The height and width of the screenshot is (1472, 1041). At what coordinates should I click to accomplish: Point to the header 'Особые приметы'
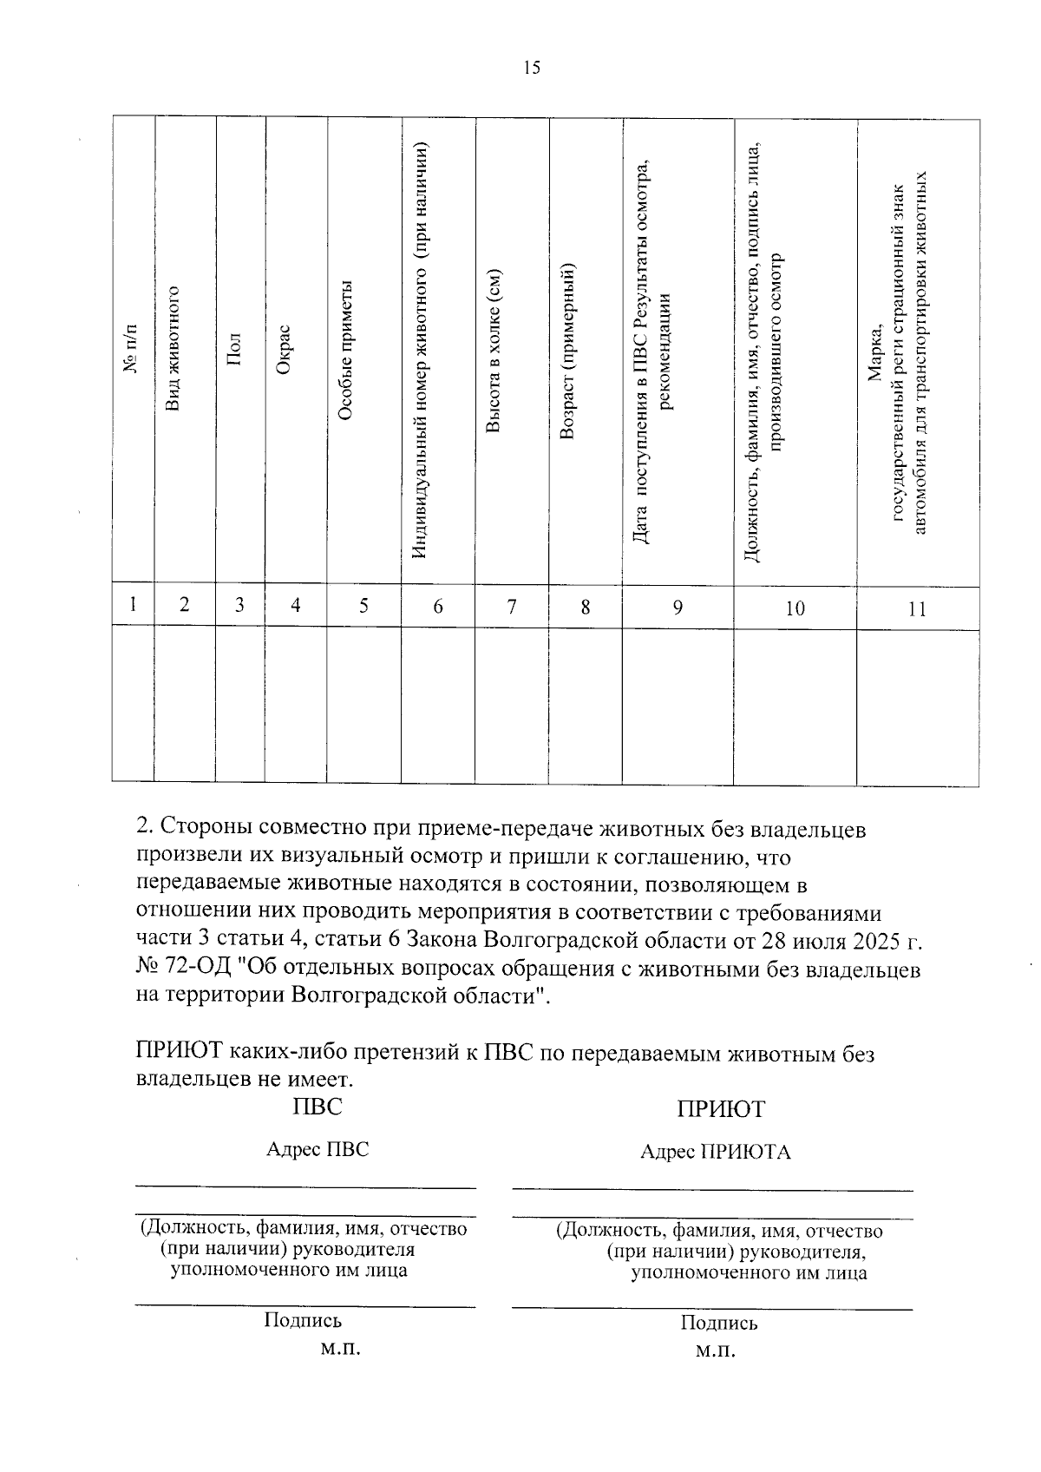[x=345, y=350]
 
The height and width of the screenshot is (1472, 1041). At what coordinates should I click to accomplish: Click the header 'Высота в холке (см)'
[x=493, y=350]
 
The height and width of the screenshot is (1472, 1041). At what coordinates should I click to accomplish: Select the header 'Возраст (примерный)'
[x=567, y=350]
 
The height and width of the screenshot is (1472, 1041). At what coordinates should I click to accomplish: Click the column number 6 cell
[x=438, y=607]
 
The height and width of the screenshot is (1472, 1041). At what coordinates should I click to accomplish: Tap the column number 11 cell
[x=917, y=609]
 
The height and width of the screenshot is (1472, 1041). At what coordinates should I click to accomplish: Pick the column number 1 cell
[x=133, y=604]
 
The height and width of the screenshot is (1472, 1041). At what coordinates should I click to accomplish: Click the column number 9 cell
[x=677, y=608]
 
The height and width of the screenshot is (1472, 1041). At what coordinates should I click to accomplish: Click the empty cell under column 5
[x=363, y=705]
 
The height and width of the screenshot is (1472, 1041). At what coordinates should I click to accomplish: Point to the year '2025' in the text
[x=878, y=941]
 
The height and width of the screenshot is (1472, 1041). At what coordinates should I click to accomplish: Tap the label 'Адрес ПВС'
[x=318, y=1149]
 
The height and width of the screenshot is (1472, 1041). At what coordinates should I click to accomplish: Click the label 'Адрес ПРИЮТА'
[x=716, y=1153]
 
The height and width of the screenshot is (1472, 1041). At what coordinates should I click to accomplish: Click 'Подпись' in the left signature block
[x=303, y=1320]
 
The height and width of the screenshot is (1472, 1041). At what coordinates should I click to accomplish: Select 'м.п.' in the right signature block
[x=716, y=1352]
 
